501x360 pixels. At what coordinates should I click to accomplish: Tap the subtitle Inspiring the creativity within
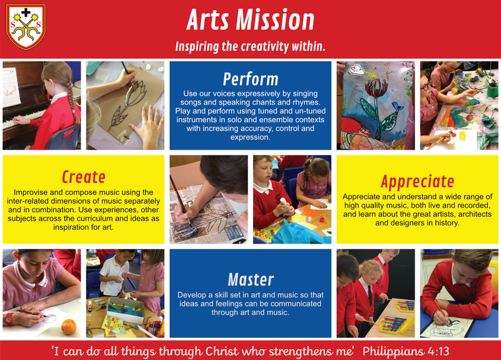pos(250,47)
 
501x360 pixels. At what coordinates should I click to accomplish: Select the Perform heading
pos(250,79)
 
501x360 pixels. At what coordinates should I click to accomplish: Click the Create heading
pos(83,177)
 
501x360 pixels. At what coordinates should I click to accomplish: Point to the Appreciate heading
pos(417,182)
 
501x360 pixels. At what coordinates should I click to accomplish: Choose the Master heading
pos(250,279)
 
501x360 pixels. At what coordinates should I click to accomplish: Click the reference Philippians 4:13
pos(406,351)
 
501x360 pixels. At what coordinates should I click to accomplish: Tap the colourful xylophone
pos(396,323)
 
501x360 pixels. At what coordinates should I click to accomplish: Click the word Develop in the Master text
pos(191,294)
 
